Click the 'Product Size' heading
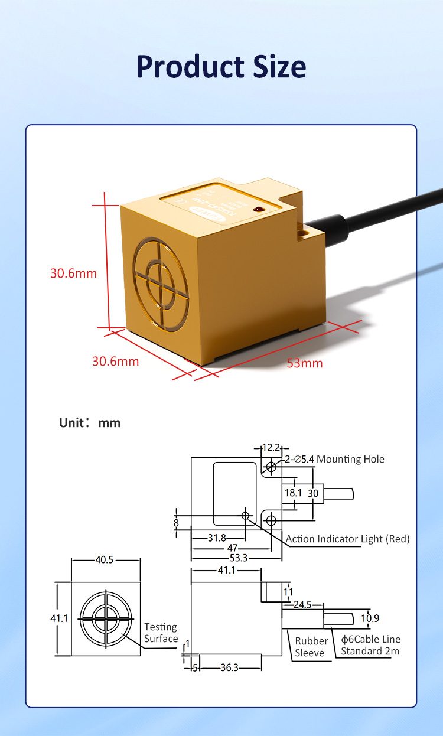pos(221,67)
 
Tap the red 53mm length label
pos(305,363)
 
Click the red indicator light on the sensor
pos(258,209)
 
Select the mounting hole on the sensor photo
pos(305,233)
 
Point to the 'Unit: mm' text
pos(90,423)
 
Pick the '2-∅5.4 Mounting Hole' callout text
pos(334,459)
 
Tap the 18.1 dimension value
pos(293,493)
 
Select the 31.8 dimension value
pos(217,538)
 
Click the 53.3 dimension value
pos(238,557)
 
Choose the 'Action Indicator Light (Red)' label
pos(347,539)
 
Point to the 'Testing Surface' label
pos(161,633)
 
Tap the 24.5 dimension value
pos(302,604)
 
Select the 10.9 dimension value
pos(370,618)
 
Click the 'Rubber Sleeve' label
pos(311,646)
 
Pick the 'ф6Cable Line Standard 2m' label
pos(370,645)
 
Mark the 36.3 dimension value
pos(229,667)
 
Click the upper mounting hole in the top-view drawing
pos(271,467)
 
